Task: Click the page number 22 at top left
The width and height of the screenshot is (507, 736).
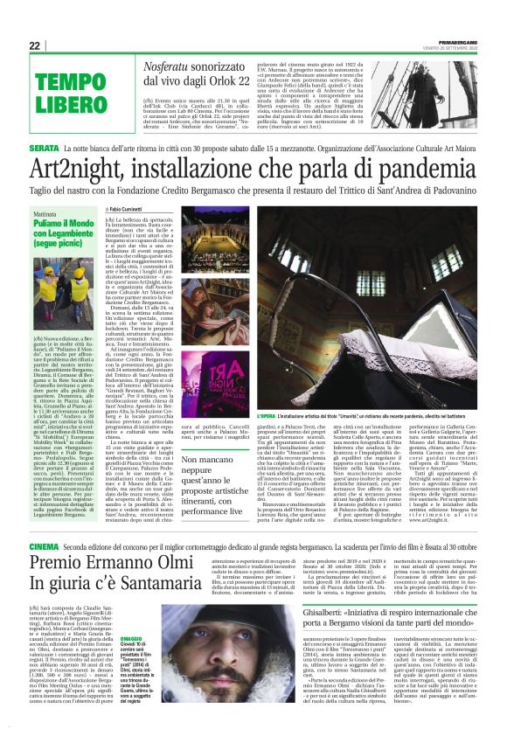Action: (36, 45)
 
